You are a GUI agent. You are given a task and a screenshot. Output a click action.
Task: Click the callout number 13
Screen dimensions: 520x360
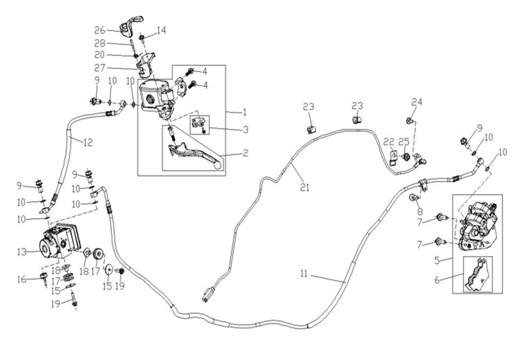[22, 252]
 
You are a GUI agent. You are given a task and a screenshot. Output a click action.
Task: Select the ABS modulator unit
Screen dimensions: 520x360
[60, 241]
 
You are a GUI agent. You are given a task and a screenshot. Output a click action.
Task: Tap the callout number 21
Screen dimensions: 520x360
[305, 188]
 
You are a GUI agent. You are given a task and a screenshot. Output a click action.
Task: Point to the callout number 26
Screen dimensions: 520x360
[99, 30]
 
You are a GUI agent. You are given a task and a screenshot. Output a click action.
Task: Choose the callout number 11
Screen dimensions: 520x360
[304, 274]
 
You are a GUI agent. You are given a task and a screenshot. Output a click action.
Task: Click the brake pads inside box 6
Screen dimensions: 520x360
[478, 275]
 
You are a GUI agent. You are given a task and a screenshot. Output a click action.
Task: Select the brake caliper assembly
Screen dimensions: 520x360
[475, 225]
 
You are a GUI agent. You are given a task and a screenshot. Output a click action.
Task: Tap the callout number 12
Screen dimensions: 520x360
[88, 142]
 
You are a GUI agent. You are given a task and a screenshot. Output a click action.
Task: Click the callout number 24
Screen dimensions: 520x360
[417, 102]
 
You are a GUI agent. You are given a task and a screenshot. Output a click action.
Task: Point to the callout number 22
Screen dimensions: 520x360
[389, 142]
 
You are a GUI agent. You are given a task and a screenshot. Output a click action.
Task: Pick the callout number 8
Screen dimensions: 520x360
[420, 211]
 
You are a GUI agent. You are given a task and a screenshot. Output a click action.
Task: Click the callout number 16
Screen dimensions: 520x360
[22, 279]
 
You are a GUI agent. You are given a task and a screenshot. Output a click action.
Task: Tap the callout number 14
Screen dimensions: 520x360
[161, 30]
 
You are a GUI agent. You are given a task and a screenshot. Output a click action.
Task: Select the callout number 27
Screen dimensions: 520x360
[100, 68]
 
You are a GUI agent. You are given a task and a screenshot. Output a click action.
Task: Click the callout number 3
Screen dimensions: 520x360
[246, 129]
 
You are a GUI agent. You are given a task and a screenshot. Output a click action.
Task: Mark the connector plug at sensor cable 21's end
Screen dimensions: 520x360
[206, 295]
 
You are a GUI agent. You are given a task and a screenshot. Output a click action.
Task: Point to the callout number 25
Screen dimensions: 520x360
[403, 142]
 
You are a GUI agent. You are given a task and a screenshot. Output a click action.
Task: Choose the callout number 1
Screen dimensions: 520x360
[244, 111]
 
